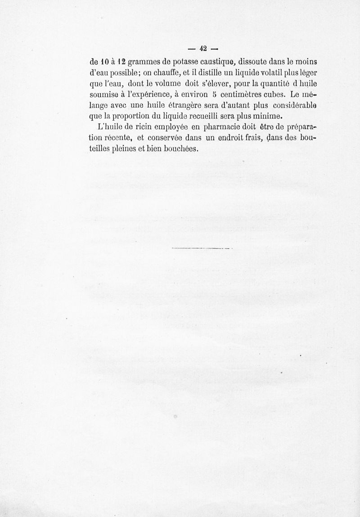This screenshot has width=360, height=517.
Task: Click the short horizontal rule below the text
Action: pyautogui.click(x=201, y=248)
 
